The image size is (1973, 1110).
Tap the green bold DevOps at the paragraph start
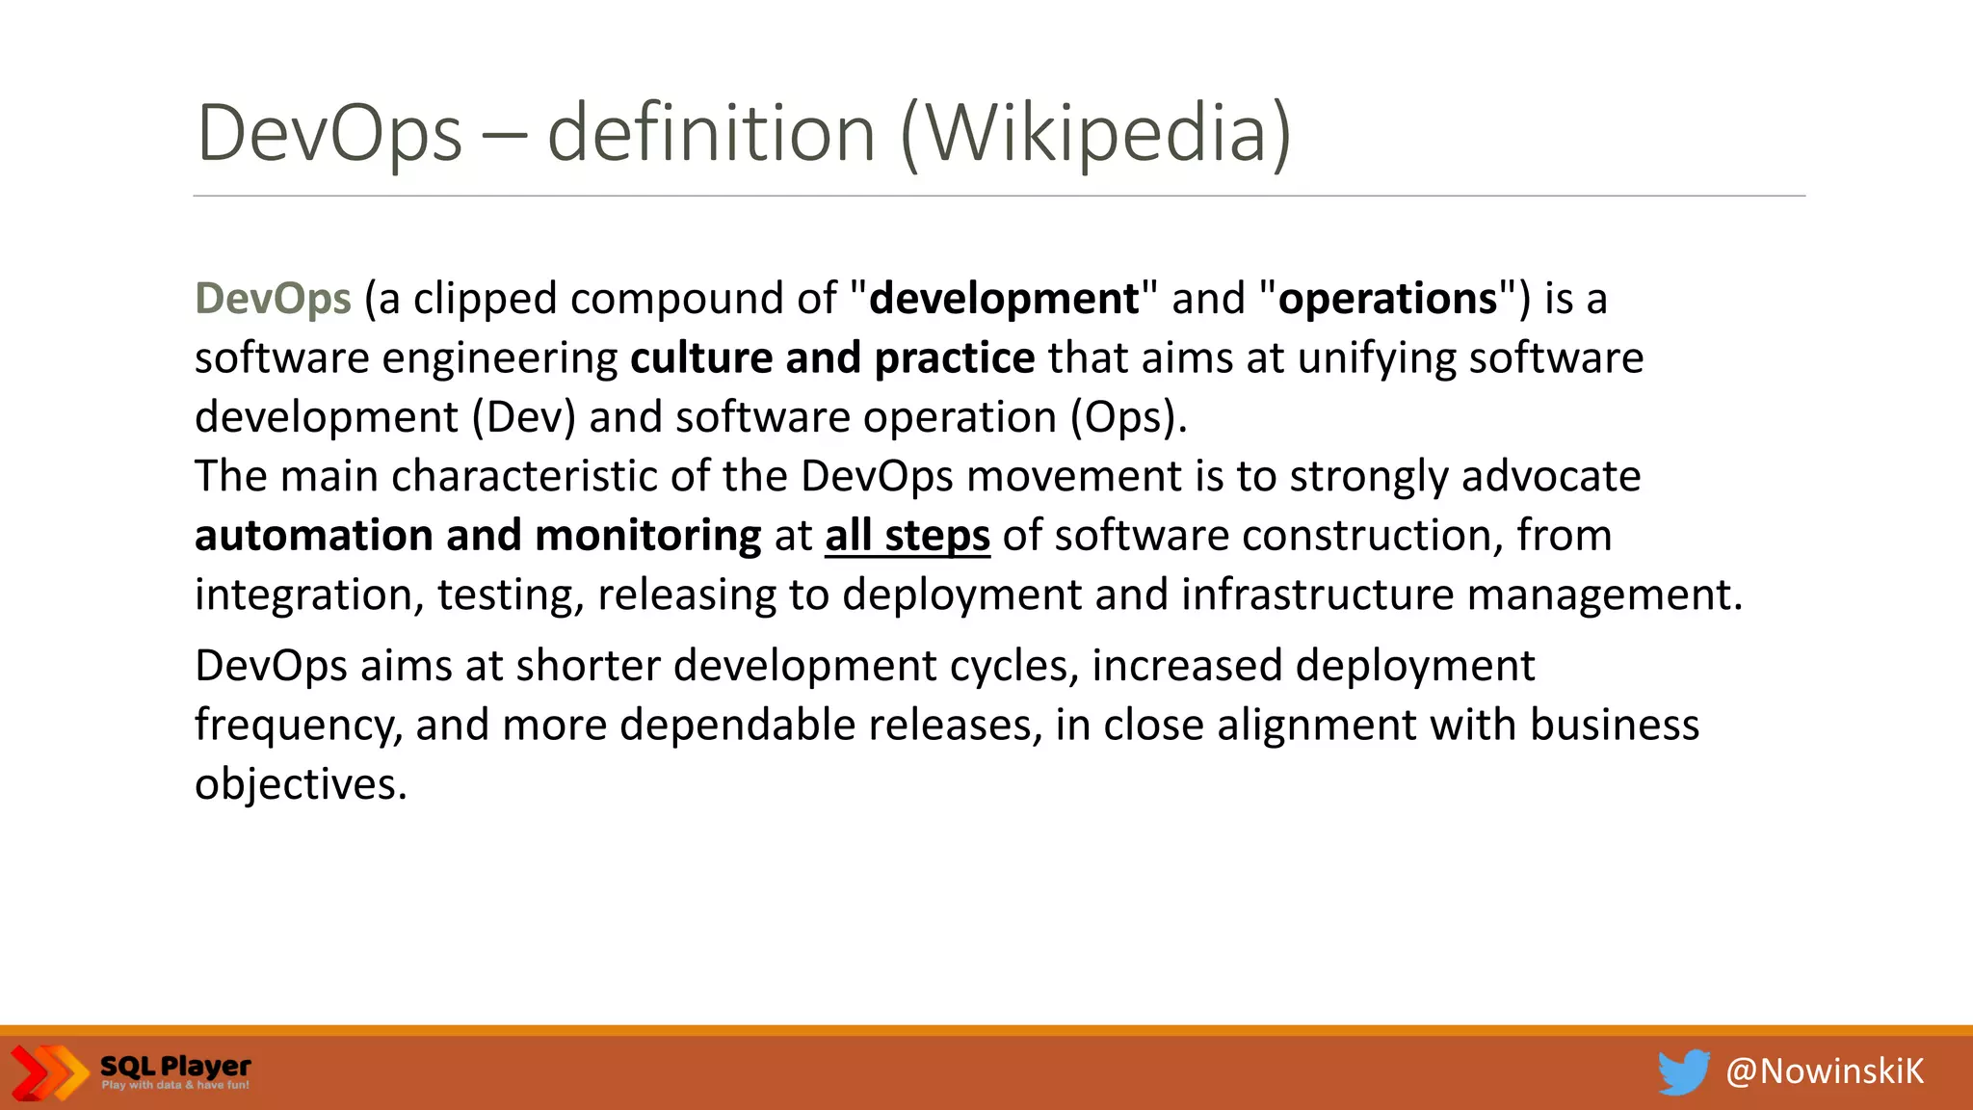coord(273,299)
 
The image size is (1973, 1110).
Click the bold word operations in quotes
coord(1387,299)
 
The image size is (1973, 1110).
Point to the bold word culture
coord(701,357)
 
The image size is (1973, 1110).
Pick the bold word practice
coord(954,357)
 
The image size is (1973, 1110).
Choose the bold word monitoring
coord(647,536)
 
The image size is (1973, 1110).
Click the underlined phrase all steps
coord(907,536)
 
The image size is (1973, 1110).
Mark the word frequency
coord(298,726)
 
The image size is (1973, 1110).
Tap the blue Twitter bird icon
coord(1683,1071)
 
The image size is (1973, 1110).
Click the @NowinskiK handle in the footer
coord(1825,1071)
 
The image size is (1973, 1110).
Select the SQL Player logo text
coord(175,1067)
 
